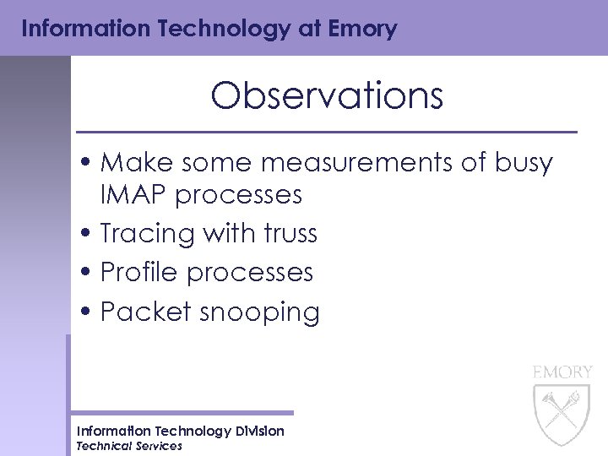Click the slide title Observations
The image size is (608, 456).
[327, 96]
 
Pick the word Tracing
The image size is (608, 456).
[148, 233]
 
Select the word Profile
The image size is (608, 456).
[139, 272]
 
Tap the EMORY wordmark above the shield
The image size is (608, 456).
[562, 372]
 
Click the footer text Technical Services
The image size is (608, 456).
[129, 446]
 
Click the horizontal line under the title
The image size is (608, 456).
[327, 133]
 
